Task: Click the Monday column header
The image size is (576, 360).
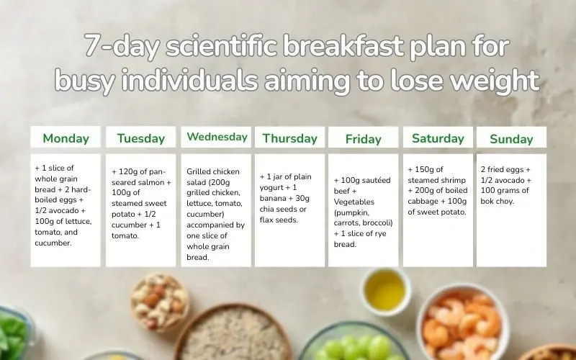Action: pyautogui.click(x=66, y=138)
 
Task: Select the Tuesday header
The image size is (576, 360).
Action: pyautogui.click(x=140, y=138)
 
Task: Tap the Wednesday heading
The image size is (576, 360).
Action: pyautogui.click(x=217, y=137)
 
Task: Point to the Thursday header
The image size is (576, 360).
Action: pyautogui.click(x=289, y=138)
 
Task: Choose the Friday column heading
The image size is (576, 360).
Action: pyautogui.click(x=364, y=139)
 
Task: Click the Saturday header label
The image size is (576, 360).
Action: pyautogui.click(x=438, y=138)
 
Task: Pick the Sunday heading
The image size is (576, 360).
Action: pyautogui.click(x=511, y=139)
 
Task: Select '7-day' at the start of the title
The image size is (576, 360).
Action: pyautogui.click(x=122, y=47)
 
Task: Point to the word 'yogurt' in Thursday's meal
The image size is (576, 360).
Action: pyautogui.click(x=271, y=188)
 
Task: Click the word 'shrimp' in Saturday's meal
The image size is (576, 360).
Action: pyautogui.click(x=453, y=181)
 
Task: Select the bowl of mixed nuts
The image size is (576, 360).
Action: pyautogui.click(x=160, y=300)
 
